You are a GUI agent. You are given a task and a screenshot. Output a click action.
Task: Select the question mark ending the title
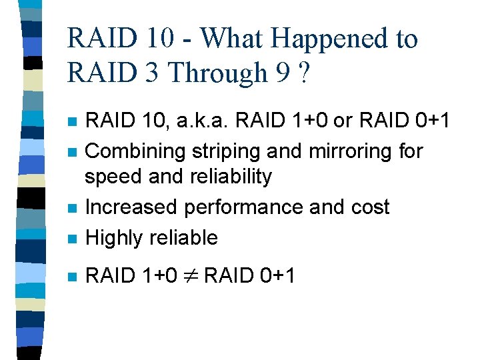coord(304,72)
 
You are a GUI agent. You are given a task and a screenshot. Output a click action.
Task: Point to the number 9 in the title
coord(281,72)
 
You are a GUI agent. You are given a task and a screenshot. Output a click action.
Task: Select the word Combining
coord(135,151)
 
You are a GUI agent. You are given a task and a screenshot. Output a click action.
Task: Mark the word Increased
coord(132,207)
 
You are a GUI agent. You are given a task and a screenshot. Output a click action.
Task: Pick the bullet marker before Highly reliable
coord(73,239)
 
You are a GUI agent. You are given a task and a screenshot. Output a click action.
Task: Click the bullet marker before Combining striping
coord(73,152)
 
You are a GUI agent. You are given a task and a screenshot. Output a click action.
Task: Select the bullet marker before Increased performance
coord(73,208)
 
